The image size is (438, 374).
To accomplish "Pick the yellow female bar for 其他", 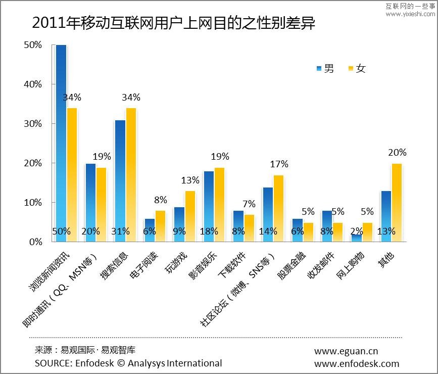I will (x=397, y=202).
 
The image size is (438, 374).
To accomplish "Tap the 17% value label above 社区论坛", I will (x=279, y=164).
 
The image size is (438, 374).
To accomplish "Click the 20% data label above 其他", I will (x=397, y=152).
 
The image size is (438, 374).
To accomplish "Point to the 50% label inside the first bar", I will (x=61, y=231).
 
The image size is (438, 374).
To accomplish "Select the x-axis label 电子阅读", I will (x=144, y=264).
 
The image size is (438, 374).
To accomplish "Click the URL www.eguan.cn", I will (x=346, y=351).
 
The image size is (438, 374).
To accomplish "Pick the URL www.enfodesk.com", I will (x=357, y=363).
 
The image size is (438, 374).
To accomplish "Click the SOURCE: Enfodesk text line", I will (x=128, y=363).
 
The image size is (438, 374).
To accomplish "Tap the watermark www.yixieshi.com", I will (x=410, y=14).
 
